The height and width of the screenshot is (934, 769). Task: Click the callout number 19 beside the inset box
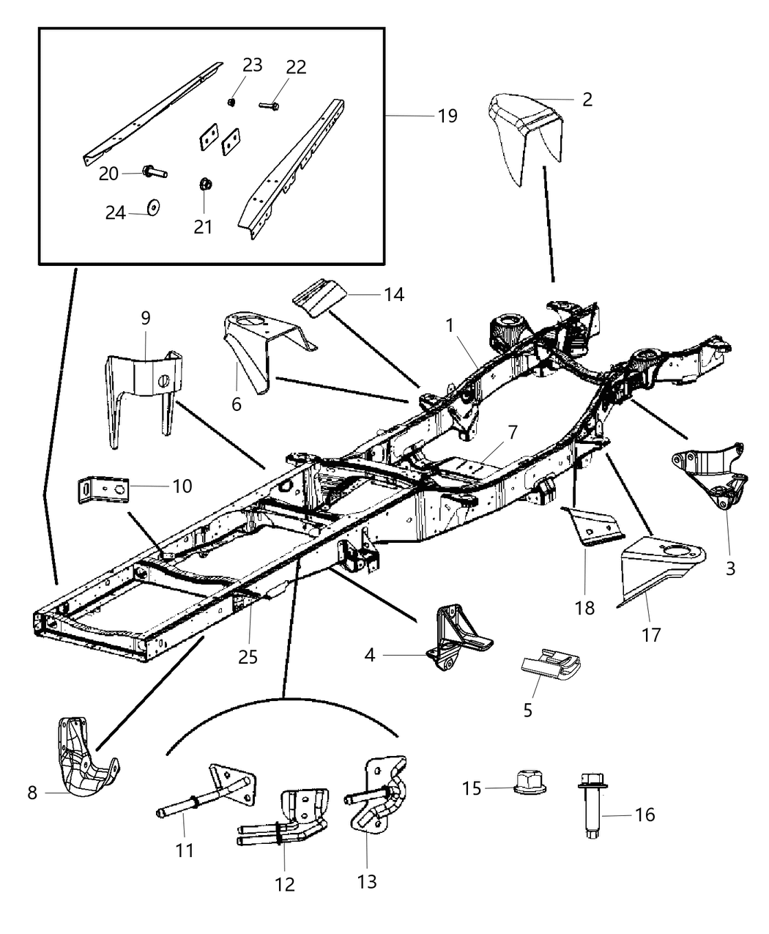pos(447,116)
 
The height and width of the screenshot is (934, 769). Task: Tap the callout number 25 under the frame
pos(248,656)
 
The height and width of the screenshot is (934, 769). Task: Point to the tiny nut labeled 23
pos(231,102)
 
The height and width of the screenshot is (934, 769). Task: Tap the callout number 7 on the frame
pos(512,432)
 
